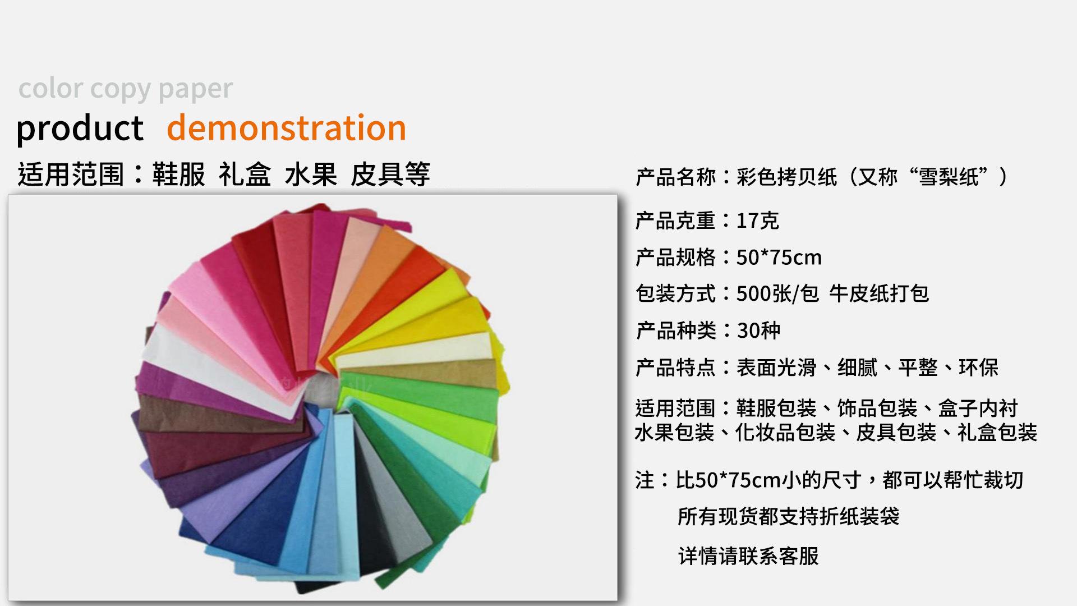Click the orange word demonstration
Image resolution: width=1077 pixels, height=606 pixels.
pos(287,127)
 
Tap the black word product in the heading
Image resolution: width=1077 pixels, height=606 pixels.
pos(80,128)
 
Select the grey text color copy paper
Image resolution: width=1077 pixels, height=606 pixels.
pos(125,89)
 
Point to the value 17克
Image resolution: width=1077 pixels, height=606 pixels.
pos(757,221)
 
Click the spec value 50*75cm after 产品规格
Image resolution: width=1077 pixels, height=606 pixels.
pos(779,258)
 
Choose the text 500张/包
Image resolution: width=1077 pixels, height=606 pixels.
pos(777,293)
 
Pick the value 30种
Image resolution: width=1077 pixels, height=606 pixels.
pos(758,330)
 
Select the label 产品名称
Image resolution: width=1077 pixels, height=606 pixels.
pos(676,177)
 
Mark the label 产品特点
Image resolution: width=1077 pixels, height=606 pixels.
pos(676,368)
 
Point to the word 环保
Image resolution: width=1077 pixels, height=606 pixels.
pos(978,368)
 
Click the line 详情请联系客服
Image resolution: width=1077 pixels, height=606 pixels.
pos(748,555)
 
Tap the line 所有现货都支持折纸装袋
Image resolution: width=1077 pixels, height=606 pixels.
pos(788,516)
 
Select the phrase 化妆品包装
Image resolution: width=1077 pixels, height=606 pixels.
pos(785,433)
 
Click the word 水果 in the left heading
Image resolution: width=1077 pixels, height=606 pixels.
pos(311,174)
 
